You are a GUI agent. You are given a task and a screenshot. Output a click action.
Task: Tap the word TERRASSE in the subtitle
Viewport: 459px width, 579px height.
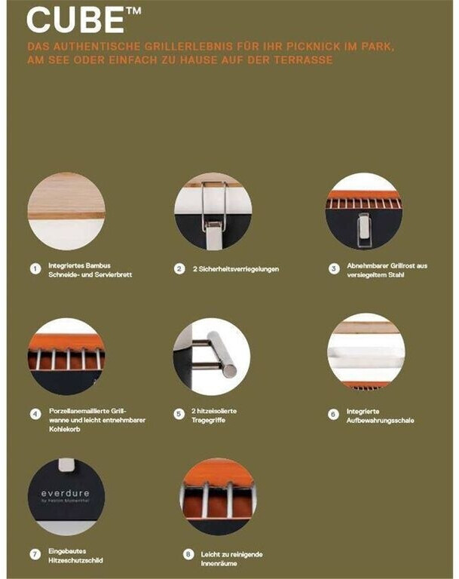[303, 60]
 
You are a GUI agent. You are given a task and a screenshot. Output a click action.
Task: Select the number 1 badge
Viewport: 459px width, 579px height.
[35, 269]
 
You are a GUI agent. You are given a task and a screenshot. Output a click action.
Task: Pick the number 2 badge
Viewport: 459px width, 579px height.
[179, 269]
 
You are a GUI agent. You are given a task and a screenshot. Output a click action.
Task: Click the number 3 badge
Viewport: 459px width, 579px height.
[334, 269]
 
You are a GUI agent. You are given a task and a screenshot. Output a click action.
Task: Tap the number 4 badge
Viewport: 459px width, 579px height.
[35, 415]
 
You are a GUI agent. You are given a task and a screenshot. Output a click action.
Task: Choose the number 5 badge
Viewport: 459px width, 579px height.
[179, 414]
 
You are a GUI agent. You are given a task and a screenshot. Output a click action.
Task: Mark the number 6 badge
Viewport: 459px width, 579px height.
[333, 415]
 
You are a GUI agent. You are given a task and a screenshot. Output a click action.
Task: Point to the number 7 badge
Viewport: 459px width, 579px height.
[35, 554]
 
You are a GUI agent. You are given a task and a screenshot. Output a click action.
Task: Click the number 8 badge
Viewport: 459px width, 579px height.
[188, 554]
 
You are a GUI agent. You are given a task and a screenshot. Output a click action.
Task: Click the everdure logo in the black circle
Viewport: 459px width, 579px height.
[66, 494]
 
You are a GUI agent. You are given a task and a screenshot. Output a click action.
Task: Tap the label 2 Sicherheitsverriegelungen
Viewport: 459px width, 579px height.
[236, 269]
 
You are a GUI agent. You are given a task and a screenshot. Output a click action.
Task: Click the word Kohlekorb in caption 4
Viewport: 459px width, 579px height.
[65, 429]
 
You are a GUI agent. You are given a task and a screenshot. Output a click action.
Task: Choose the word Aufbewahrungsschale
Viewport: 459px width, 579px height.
[380, 421]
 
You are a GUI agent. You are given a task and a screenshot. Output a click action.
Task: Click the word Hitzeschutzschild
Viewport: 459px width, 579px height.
[75, 560]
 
